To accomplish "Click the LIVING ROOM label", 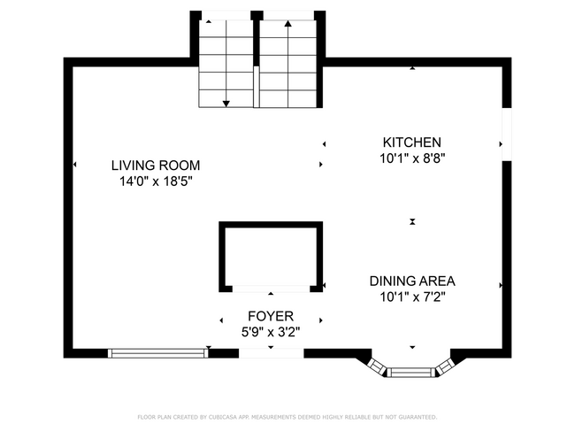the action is click(156, 166).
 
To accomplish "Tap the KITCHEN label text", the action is click(412, 143).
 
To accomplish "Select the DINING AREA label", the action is click(412, 282).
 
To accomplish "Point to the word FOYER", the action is click(271, 316).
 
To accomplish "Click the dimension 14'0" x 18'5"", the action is click(156, 181).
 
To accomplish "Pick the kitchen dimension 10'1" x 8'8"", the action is click(412, 158).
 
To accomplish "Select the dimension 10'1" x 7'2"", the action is click(412, 297).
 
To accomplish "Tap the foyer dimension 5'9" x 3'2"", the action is click(271, 332).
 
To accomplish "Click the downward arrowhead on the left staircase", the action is click(226, 104).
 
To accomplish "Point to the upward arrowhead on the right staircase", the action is click(287, 24).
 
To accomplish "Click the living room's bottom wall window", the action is click(158, 353).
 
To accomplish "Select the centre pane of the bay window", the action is click(410, 373).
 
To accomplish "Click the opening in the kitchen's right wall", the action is click(507, 135).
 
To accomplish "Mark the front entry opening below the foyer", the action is click(271, 353).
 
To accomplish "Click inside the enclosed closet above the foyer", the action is click(271, 256).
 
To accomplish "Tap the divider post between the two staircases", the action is click(257, 87).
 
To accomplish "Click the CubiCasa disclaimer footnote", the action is click(287, 417).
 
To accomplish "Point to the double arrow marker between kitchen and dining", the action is click(412, 221).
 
